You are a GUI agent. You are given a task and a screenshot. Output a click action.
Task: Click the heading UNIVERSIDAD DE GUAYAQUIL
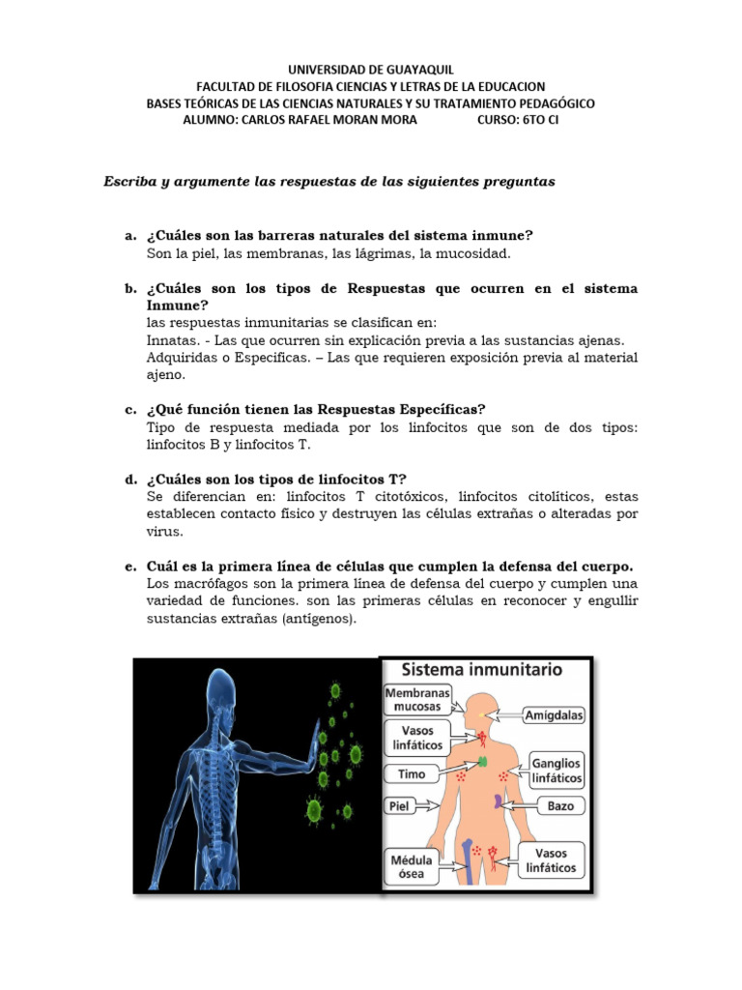tap(371, 70)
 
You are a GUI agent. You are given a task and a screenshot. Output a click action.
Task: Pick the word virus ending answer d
tap(163, 532)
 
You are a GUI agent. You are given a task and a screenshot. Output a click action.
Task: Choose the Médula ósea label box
tap(413, 865)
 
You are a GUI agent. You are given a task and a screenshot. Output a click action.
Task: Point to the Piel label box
tap(399, 804)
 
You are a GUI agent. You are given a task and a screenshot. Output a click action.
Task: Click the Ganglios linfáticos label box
tap(557, 769)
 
